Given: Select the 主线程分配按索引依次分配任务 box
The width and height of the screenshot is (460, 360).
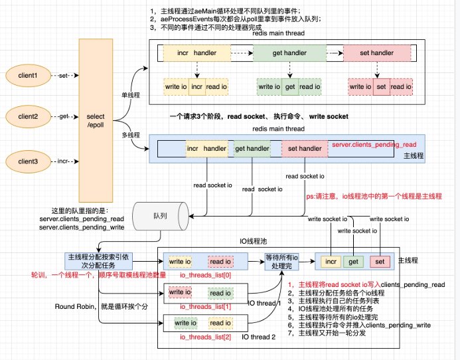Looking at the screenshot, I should [x=94, y=260].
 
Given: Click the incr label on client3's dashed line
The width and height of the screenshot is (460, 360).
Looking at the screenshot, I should [x=64, y=161].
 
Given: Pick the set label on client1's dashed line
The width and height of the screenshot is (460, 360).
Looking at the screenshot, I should [x=64, y=75].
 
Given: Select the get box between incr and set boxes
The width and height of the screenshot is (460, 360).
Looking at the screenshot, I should [x=354, y=262].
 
